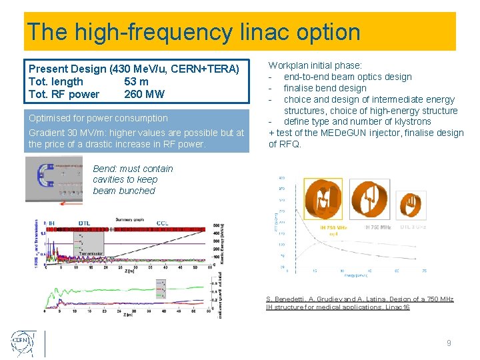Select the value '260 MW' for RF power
click(144, 94)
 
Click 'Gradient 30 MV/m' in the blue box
click(68, 133)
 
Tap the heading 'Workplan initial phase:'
click(315, 65)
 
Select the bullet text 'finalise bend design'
click(325, 88)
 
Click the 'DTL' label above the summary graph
click(85, 223)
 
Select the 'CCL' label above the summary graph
click(162, 223)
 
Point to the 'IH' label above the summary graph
click(51, 223)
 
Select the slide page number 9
click(449, 343)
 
